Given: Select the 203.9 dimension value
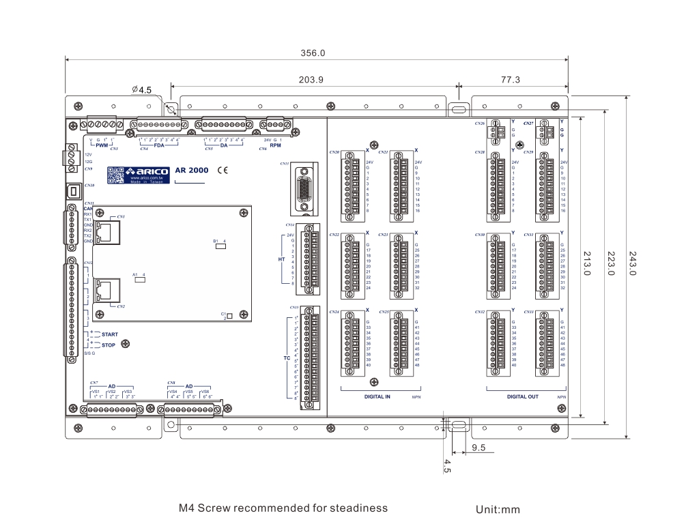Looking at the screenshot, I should pos(311,80).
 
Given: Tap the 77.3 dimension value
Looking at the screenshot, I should pos(511,80).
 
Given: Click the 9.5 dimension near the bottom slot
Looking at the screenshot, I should pos(478,448).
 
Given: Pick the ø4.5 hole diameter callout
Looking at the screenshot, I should pos(141,89).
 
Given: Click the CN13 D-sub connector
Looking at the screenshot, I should pos(303,185).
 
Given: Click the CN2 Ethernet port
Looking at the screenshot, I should pos(106,290).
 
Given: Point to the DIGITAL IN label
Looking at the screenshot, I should pos(377,396).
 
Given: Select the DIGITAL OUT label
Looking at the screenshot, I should pos(522,396).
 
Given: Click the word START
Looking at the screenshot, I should pos(109,334).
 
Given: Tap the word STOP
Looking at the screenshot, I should pos(108,345).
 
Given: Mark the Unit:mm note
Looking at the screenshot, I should pos(498,509).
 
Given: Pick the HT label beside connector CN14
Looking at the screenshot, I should pos(281,259).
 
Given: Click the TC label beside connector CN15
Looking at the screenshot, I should pos(287,358).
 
